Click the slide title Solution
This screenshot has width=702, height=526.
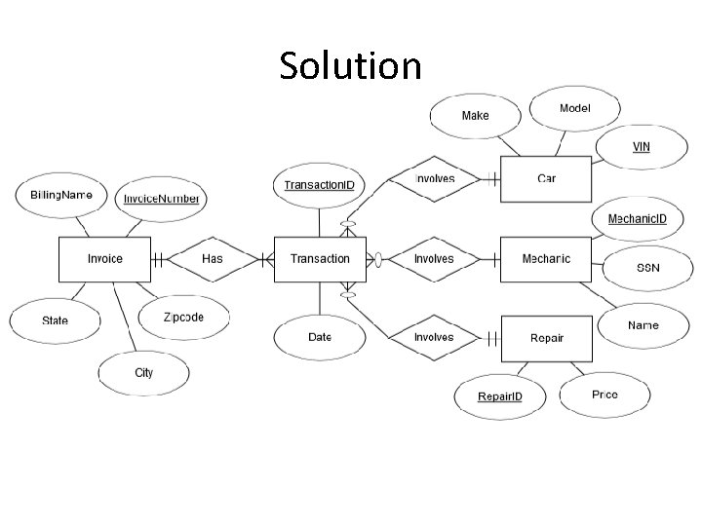[350, 66]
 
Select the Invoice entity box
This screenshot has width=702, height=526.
[105, 259]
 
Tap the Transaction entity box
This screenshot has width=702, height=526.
[320, 259]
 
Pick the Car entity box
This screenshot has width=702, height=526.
[546, 178]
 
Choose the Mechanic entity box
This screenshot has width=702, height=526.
[546, 259]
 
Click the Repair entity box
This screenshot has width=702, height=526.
[546, 338]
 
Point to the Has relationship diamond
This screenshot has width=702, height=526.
[213, 259]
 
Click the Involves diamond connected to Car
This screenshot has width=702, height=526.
[434, 178]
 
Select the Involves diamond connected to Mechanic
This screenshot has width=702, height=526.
[434, 259]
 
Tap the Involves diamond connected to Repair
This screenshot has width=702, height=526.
[434, 338]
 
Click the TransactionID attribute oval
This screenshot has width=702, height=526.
[319, 184]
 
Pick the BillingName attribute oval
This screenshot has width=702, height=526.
[61, 195]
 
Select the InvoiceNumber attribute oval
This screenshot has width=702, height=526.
[161, 199]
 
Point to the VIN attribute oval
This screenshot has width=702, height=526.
[641, 147]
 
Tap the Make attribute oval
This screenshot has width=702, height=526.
[475, 115]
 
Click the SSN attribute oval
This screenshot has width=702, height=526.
[647, 268]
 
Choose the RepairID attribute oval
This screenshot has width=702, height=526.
[499, 396]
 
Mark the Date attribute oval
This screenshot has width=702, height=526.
[320, 337]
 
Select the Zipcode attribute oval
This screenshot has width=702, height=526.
[183, 318]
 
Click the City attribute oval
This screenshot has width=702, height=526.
[144, 372]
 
